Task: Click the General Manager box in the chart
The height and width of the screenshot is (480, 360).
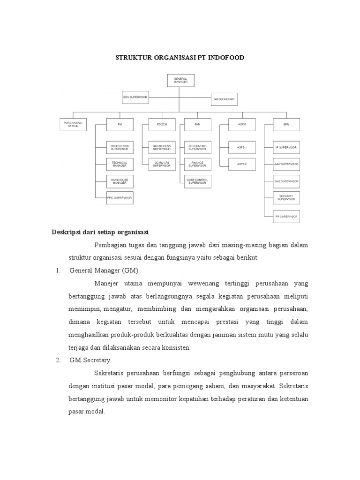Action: [180, 80]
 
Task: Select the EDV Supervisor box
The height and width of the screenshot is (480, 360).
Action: [135, 97]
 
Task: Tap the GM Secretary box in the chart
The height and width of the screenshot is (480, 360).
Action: [225, 100]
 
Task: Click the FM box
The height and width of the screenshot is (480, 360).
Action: [120, 124]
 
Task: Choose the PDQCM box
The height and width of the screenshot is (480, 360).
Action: [162, 124]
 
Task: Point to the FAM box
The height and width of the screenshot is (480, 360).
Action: [197, 124]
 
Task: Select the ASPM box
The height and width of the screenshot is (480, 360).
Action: [242, 124]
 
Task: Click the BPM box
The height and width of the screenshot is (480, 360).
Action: [286, 124]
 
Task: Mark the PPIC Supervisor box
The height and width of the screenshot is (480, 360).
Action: [120, 197]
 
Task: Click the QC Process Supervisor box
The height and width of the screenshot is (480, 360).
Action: [162, 147]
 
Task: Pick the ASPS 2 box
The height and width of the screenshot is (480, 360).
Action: [242, 164]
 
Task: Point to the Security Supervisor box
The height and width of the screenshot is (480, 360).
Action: [286, 197]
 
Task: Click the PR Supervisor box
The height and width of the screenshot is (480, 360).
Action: [286, 216]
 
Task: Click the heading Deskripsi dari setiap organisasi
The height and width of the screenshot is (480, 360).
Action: [100, 232]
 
